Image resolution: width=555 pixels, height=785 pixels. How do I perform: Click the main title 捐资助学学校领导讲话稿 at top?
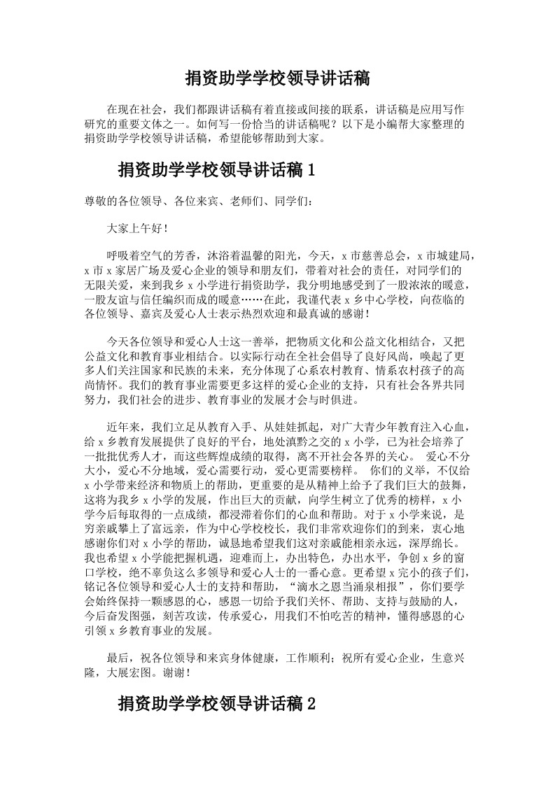(277, 78)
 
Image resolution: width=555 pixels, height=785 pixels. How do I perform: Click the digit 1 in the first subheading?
(311, 170)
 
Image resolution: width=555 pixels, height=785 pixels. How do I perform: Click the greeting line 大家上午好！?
(136, 229)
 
